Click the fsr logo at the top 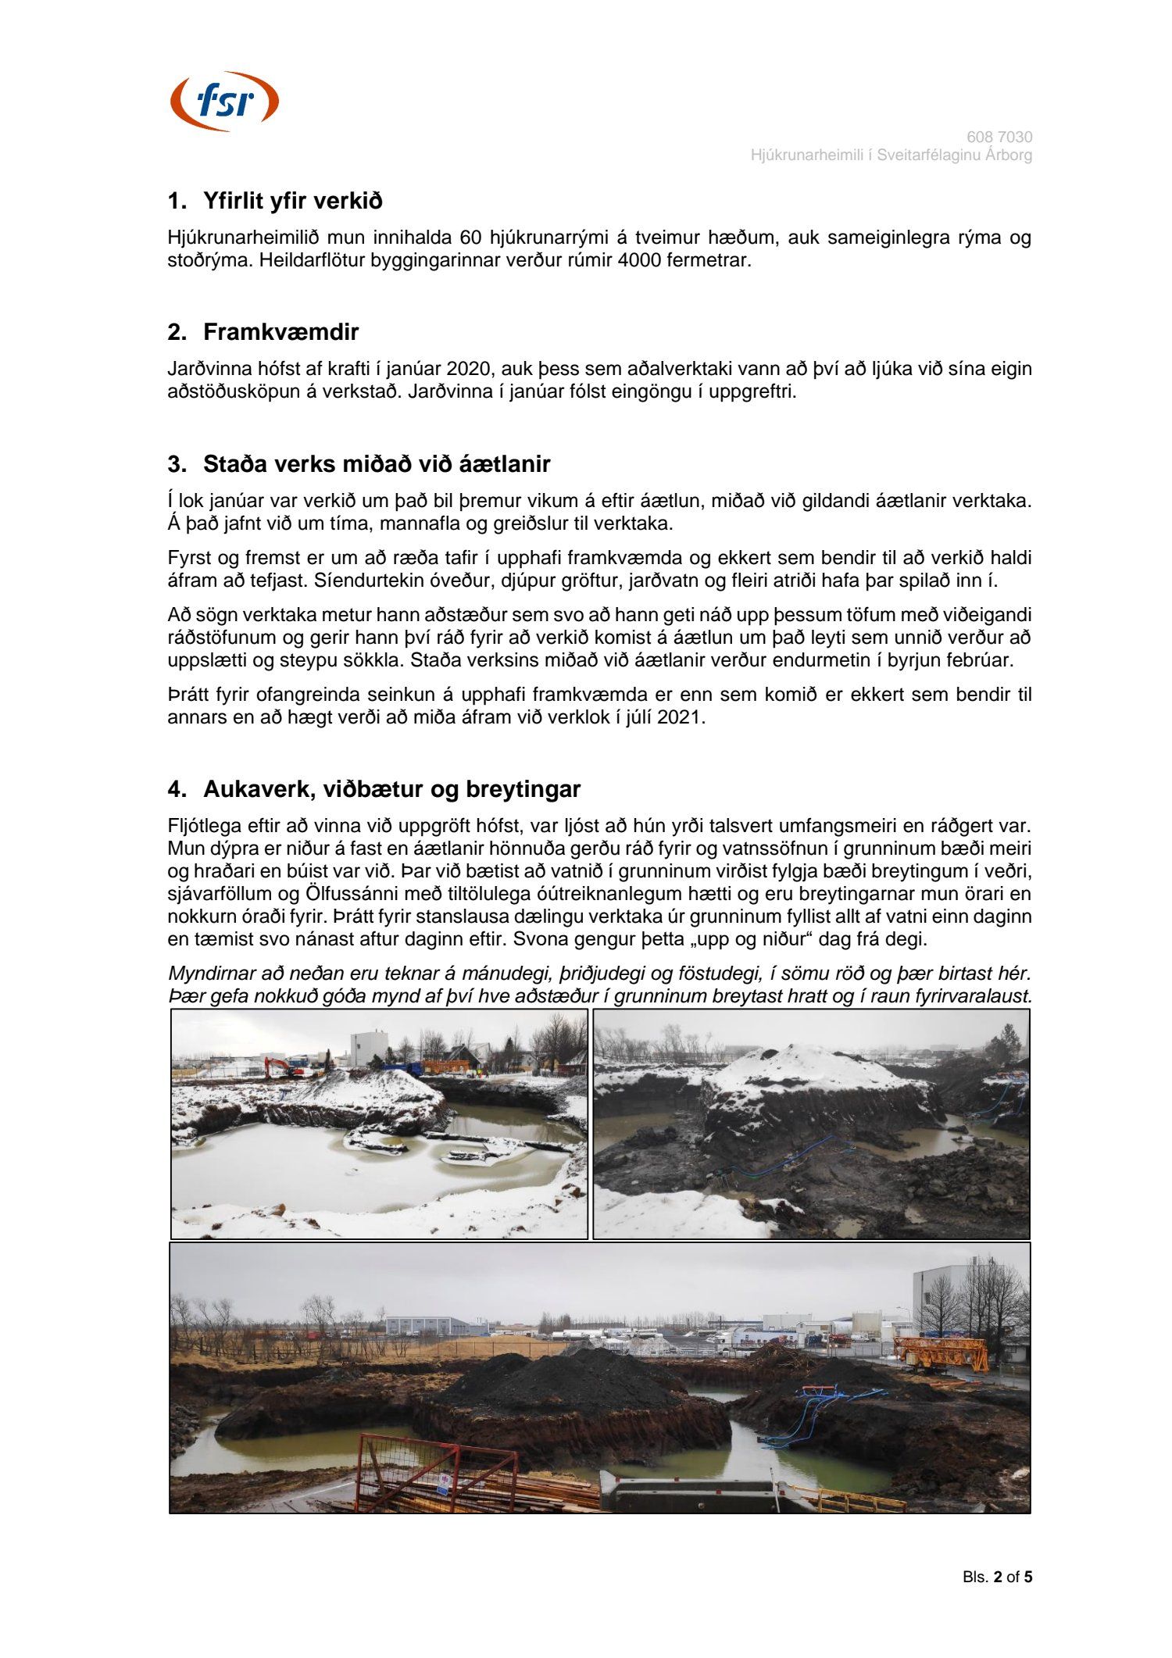click(224, 102)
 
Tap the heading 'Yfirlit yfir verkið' click(292, 202)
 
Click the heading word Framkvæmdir click(280, 332)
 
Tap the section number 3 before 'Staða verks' click(177, 465)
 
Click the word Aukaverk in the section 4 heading click(254, 790)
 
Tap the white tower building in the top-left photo click(369, 1048)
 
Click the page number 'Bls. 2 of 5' click(997, 1578)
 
